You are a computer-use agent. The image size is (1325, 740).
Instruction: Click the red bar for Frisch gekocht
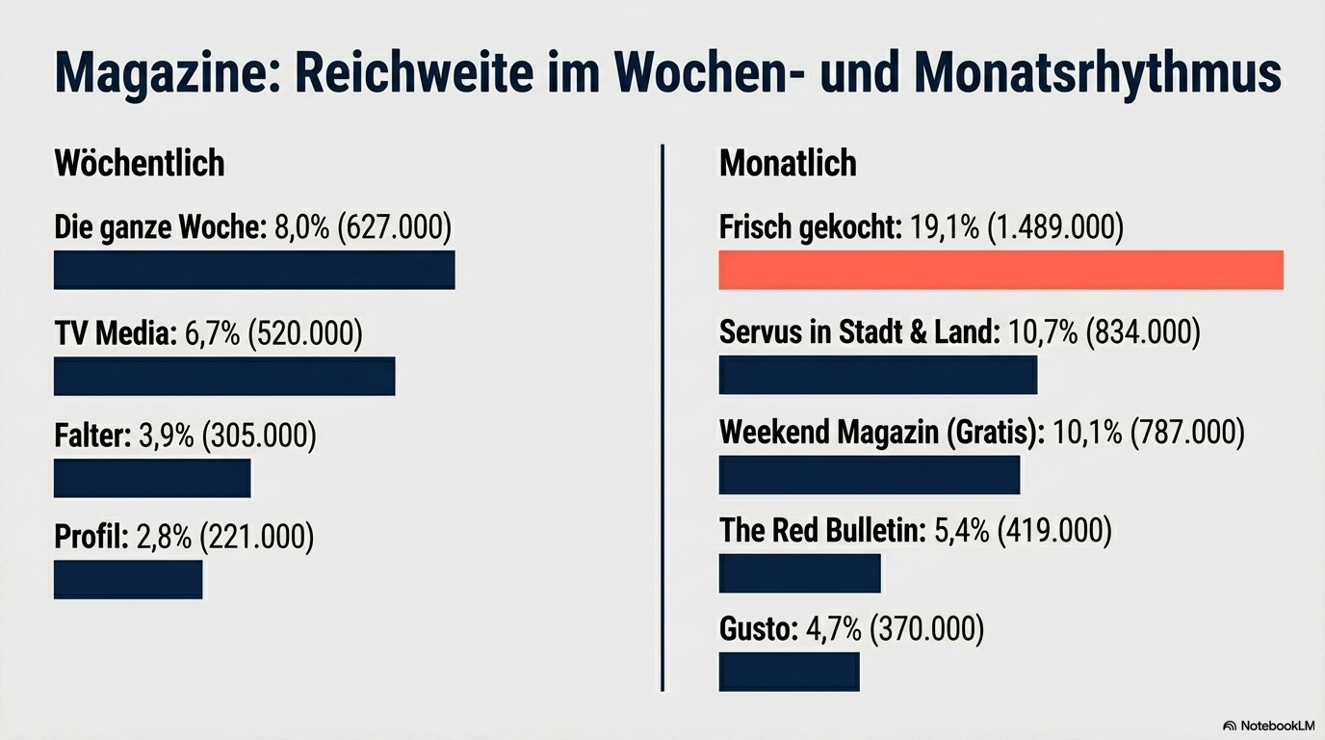(1000, 270)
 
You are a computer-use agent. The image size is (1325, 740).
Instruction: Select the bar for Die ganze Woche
(254, 270)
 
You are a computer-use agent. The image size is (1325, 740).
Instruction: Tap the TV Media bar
(224, 376)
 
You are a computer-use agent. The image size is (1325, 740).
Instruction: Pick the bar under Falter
(152, 479)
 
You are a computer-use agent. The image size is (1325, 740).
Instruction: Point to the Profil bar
(128, 579)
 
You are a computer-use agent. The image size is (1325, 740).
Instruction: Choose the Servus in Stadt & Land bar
(878, 375)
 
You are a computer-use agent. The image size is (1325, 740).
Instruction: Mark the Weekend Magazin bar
(870, 475)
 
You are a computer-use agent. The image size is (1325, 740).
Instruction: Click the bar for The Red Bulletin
(800, 573)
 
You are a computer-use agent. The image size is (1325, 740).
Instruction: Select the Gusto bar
(789, 672)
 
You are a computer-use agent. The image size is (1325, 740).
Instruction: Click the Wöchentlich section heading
(140, 163)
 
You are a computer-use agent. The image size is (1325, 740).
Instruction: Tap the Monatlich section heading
(788, 163)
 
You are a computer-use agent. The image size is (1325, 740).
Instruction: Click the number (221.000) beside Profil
(256, 537)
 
